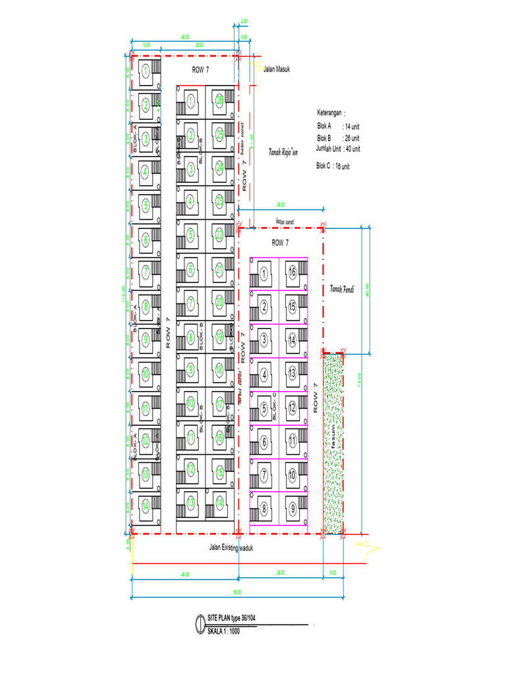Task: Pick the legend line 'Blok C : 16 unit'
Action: pyautogui.click(x=333, y=167)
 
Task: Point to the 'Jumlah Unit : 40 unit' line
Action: pyautogui.click(x=338, y=149)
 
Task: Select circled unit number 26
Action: pyautogui.click(x=219, y=101)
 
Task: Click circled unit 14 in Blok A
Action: pyautogui.click(x=145, y=507)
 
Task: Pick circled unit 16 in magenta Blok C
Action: pyautogui.click(x=292, y=273)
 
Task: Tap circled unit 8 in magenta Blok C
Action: pyautogui.click(x=264, y=507)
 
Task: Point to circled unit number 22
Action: pyautogui.click(x=219, y=234)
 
